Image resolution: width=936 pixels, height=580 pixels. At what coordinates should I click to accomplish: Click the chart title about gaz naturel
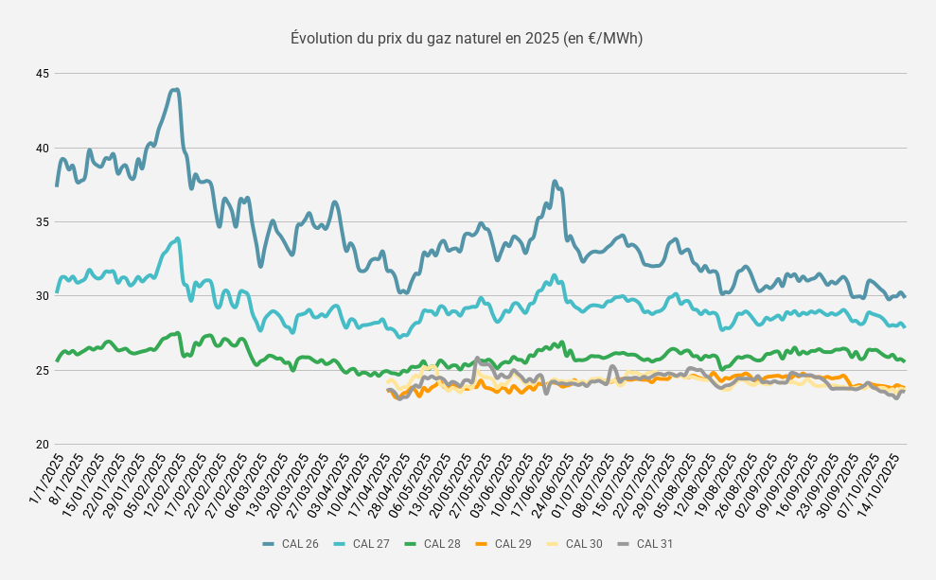[x=467, y=38]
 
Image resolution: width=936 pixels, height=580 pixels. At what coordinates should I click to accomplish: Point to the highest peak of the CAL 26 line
[x=175, y=90]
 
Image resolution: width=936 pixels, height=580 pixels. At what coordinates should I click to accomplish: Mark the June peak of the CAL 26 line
[x=555, y=182]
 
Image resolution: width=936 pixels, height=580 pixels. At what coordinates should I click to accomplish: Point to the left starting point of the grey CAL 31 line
[x=388, y=390]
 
